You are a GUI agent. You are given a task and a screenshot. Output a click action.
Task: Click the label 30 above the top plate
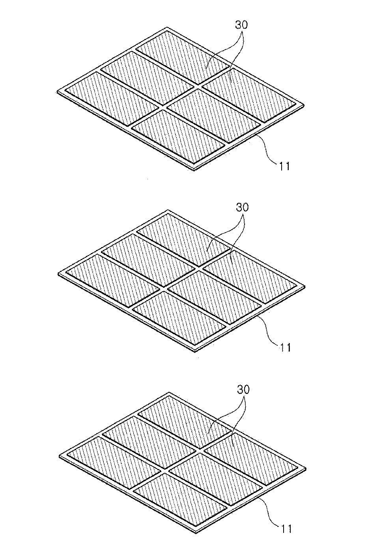tap(241, 25)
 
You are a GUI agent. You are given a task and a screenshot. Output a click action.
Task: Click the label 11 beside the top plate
tap(284, 166)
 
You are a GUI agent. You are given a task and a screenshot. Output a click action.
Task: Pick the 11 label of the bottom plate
tap(285, 529)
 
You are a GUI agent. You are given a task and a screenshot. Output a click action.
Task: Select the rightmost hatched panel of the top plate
tap(249, 94)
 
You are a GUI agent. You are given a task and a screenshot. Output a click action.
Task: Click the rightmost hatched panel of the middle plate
tap(250, 276)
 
